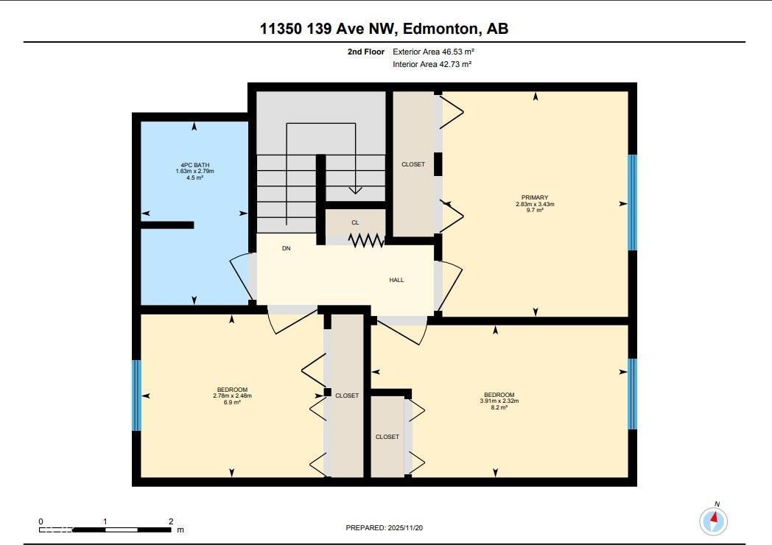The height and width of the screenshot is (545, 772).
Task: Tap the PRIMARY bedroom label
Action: tap(535, 197)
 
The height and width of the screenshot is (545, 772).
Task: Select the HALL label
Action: tap(396, 280)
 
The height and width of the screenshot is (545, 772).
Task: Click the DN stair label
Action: tap(286, 249)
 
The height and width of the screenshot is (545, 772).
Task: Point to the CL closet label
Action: tap(355, 222)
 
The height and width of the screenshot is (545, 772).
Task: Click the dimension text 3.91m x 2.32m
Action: tap(499, 401)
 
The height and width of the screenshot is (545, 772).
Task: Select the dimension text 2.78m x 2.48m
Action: tap(232, 396)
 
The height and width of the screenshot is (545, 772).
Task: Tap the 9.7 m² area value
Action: tap(535, 211)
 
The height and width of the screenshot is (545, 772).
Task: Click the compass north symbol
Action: tap(713, 521)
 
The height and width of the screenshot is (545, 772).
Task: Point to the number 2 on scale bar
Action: tap(171, 521)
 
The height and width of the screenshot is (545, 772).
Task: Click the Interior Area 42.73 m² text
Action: tap(432, 65)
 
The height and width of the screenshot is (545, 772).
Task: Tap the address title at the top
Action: tap(384, 29)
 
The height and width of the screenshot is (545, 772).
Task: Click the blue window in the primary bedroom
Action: tap(632, 203)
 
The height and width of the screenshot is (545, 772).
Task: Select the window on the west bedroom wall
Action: tap(136, 395)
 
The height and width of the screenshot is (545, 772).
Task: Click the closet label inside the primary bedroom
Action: tap(413, 164)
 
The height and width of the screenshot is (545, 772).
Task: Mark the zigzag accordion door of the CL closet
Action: tap(366, 241)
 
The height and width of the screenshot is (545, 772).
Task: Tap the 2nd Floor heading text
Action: tap(366, 52)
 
